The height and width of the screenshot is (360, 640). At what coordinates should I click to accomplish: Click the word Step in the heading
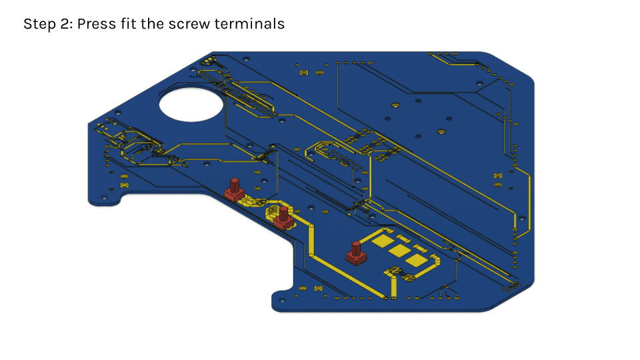(x=40, y=24)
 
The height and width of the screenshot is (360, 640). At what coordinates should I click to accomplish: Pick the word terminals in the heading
(x=249, y=23)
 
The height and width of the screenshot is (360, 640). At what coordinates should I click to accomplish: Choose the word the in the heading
(x=153, y=23)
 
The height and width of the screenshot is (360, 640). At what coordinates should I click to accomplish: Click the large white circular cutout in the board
(x=191, y=104)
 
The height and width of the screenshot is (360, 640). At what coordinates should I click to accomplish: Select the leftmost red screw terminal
(x=234, y=190)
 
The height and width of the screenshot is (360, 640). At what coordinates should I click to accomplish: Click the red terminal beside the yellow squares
(x=356, y=253)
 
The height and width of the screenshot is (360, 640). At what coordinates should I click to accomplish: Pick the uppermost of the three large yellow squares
(x=383, y=241)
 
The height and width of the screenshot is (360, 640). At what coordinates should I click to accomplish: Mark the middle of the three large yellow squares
(x=399, y=251)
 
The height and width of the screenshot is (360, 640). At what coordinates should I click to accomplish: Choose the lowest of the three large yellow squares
(x=416, y=261)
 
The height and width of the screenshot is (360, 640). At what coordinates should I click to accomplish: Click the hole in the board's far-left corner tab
(x=104, y=198)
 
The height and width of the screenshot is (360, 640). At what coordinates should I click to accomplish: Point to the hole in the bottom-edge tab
(x=281, y=301)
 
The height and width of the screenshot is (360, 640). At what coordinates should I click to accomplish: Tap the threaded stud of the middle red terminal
(x=283, y=213)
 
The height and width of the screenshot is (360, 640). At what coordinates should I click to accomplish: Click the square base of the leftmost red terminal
(x=234, y=195)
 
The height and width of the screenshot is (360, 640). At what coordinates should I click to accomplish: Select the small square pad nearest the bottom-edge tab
(x=318, y=289)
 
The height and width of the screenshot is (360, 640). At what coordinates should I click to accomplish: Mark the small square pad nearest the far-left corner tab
(x=124, y=185)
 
